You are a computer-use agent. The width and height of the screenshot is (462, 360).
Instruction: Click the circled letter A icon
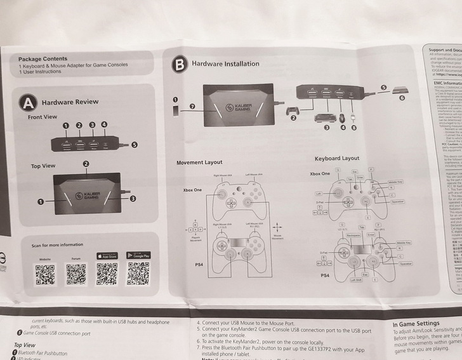[27, 102]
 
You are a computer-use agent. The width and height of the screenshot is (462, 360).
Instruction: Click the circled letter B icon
[180, 64]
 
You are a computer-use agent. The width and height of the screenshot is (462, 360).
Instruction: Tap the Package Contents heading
[43, 59]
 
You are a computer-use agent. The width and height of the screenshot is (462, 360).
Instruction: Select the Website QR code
[45, 274]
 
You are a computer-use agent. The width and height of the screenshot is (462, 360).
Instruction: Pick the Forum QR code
[76, 274]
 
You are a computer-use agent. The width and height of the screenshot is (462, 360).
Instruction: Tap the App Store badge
[107, 255]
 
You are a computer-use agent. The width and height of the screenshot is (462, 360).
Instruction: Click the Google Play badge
[138, 255]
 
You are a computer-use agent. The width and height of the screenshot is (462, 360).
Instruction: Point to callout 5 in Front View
[134, 144]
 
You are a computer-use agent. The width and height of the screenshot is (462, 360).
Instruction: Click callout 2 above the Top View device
[86, 164]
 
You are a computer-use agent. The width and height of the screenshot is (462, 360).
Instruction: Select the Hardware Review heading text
[70, 102]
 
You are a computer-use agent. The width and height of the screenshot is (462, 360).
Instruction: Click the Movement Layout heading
[199, 163]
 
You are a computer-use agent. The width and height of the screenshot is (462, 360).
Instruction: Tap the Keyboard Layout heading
[336, 158]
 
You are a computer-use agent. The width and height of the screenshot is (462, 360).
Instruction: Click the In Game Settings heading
[416, 324]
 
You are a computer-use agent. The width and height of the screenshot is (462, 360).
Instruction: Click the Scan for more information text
[57, 244]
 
